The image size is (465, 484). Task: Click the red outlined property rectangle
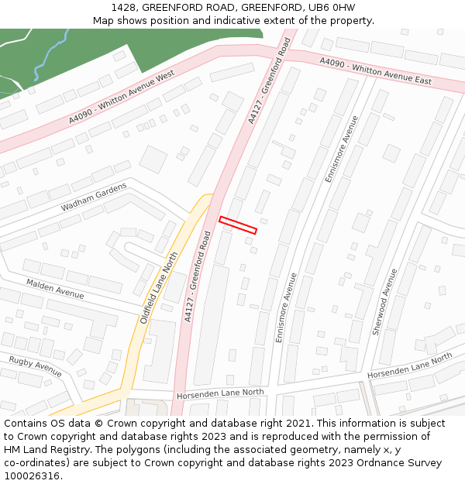pyautogui.click(x=238, y=225)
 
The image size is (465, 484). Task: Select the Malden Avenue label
pyautogui.click(x=55, y=289)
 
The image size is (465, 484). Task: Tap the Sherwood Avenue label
pyautogui.click(x=385, y=302)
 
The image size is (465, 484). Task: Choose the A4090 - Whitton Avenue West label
pyautogui.click(x=122, y=96)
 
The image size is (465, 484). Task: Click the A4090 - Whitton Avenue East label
pyautogui.click(x=375, y=74)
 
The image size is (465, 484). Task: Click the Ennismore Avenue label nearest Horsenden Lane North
pyautogui.click(x=286, y=307)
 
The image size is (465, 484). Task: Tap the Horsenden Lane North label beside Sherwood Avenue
pyautogui.click(x=409, y=366)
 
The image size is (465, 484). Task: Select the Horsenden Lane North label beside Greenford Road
pyautogui.click(x=220, y=393)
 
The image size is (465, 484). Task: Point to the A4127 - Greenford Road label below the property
pyautogui.click(x=198, y=276)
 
